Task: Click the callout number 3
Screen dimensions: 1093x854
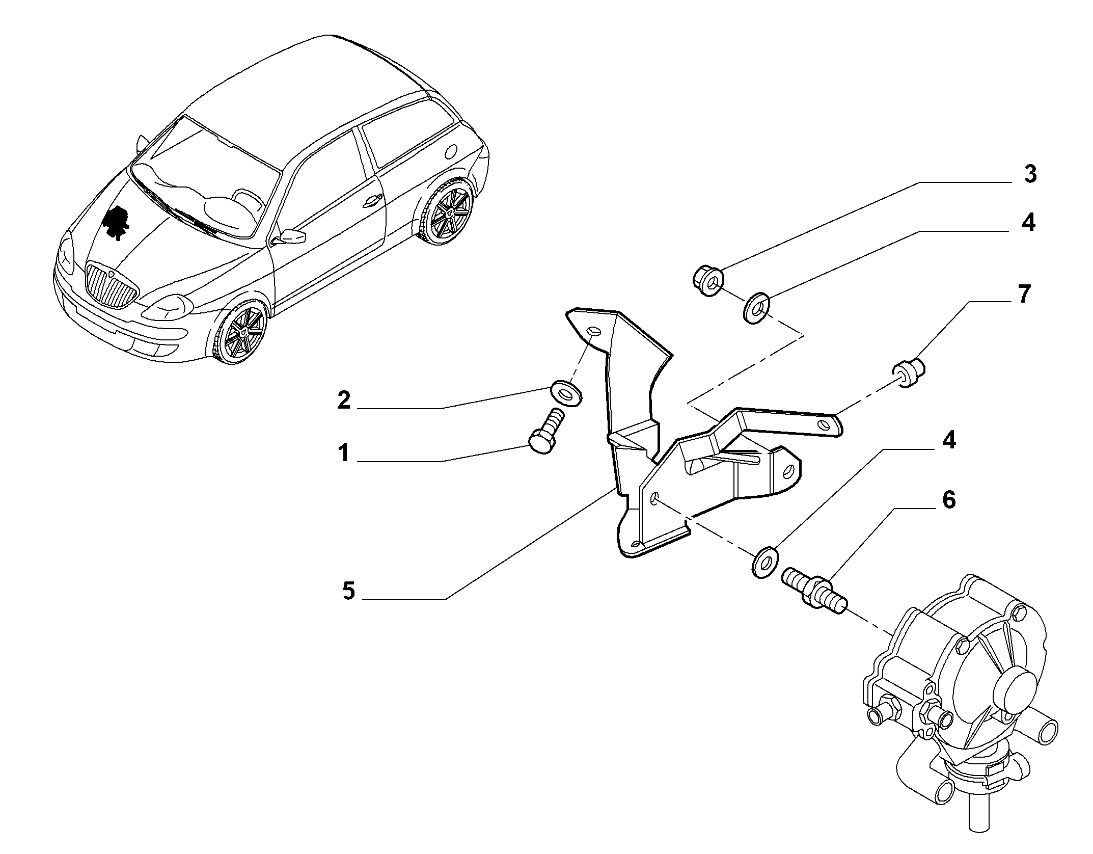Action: [1030, 174]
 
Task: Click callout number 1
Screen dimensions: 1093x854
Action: [344, 452]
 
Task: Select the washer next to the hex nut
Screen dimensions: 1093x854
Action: [757, 308]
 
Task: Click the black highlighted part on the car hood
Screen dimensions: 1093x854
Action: [116, 222]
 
